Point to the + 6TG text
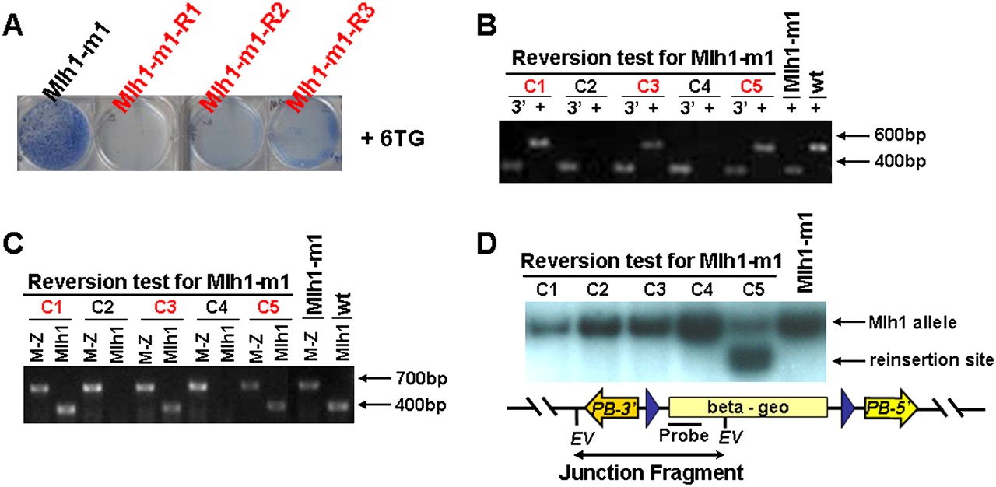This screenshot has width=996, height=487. coord(393,138)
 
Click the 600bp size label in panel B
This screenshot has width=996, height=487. coord(900,135)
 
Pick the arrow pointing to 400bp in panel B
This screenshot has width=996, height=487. coord(853,162)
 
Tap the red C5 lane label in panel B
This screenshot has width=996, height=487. coord(751,86)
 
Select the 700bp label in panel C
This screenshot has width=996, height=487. coord(422,379)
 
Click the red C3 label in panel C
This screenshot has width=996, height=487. coord(165,307)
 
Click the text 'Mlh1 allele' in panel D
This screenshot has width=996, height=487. coord(913,323)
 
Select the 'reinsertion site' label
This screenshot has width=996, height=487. coord(931,360)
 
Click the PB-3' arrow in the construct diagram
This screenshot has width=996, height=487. coord(612,408)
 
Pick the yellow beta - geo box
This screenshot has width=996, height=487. coord(748,407)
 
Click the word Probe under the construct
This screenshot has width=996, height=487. coord(684,436)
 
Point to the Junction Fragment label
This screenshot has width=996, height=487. coord(651,473)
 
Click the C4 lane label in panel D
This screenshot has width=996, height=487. coord(702,289)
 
